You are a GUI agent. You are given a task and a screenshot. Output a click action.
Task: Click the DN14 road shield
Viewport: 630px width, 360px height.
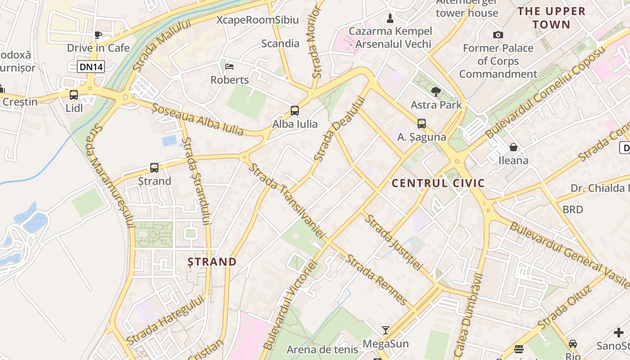click(91, 67)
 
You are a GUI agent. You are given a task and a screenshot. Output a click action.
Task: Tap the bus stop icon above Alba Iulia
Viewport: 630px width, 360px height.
click(295, 111)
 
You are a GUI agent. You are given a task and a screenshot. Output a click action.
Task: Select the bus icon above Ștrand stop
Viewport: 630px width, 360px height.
click(154, 168)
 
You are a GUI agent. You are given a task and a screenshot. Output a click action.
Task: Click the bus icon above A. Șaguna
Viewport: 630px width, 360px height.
click(422, 124)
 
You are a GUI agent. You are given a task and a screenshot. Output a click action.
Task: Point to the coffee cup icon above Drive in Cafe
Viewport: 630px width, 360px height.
click(98, 35)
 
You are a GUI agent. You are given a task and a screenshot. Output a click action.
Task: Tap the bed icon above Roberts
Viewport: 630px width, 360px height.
click(229, 67)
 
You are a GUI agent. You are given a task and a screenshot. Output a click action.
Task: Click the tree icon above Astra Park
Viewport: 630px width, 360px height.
click(436, 92)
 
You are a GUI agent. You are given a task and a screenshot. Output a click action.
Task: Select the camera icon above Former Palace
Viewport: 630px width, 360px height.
click(498, 35)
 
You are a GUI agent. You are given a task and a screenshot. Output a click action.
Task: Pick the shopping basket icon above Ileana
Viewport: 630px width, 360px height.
click(513, 147)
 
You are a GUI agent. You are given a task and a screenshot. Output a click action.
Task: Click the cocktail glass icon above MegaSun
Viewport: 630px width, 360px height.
click(386, 331)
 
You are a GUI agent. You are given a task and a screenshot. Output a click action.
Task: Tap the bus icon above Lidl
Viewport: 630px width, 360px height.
click(74, 95)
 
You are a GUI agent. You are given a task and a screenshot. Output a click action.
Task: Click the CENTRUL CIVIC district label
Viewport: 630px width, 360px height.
click(438, 183)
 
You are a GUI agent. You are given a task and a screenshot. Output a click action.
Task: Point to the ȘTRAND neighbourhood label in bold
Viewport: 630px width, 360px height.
click(212, 262)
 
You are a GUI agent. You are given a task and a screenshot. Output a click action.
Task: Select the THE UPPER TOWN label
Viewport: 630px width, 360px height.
click(551, 18)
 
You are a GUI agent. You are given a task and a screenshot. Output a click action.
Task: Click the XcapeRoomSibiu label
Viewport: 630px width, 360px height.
click(257, 20)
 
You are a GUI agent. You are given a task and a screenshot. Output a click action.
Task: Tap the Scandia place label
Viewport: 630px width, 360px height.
click(280, 44)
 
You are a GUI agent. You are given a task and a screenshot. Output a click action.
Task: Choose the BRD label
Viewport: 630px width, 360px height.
click(573, 209)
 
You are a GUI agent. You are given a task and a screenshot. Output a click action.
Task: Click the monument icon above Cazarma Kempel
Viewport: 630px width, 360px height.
click(390, 18)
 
